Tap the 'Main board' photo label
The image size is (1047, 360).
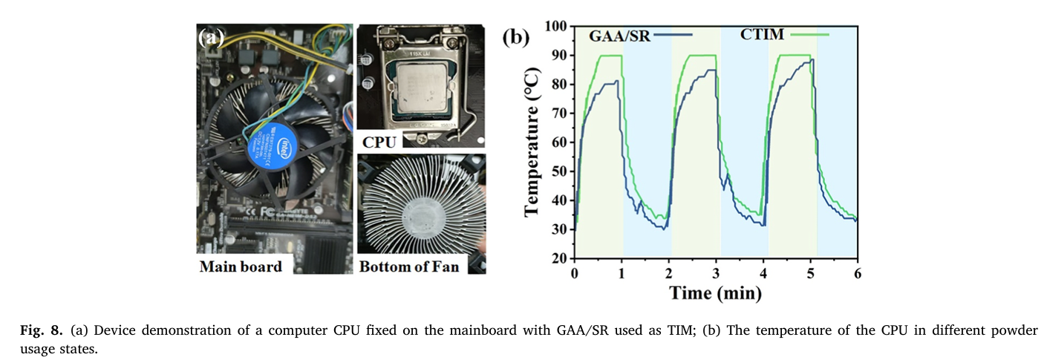(241, 266)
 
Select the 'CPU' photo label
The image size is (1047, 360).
(379, 140)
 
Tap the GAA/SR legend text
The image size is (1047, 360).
(619, 36)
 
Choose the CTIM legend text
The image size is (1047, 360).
(764, 34)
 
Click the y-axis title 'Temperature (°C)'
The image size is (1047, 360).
(532, 142)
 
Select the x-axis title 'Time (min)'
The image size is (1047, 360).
(715, 293)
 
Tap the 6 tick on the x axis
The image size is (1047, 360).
(858, 272)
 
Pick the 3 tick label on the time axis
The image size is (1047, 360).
(717, 272)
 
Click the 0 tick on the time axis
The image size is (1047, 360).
(575, 272)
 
